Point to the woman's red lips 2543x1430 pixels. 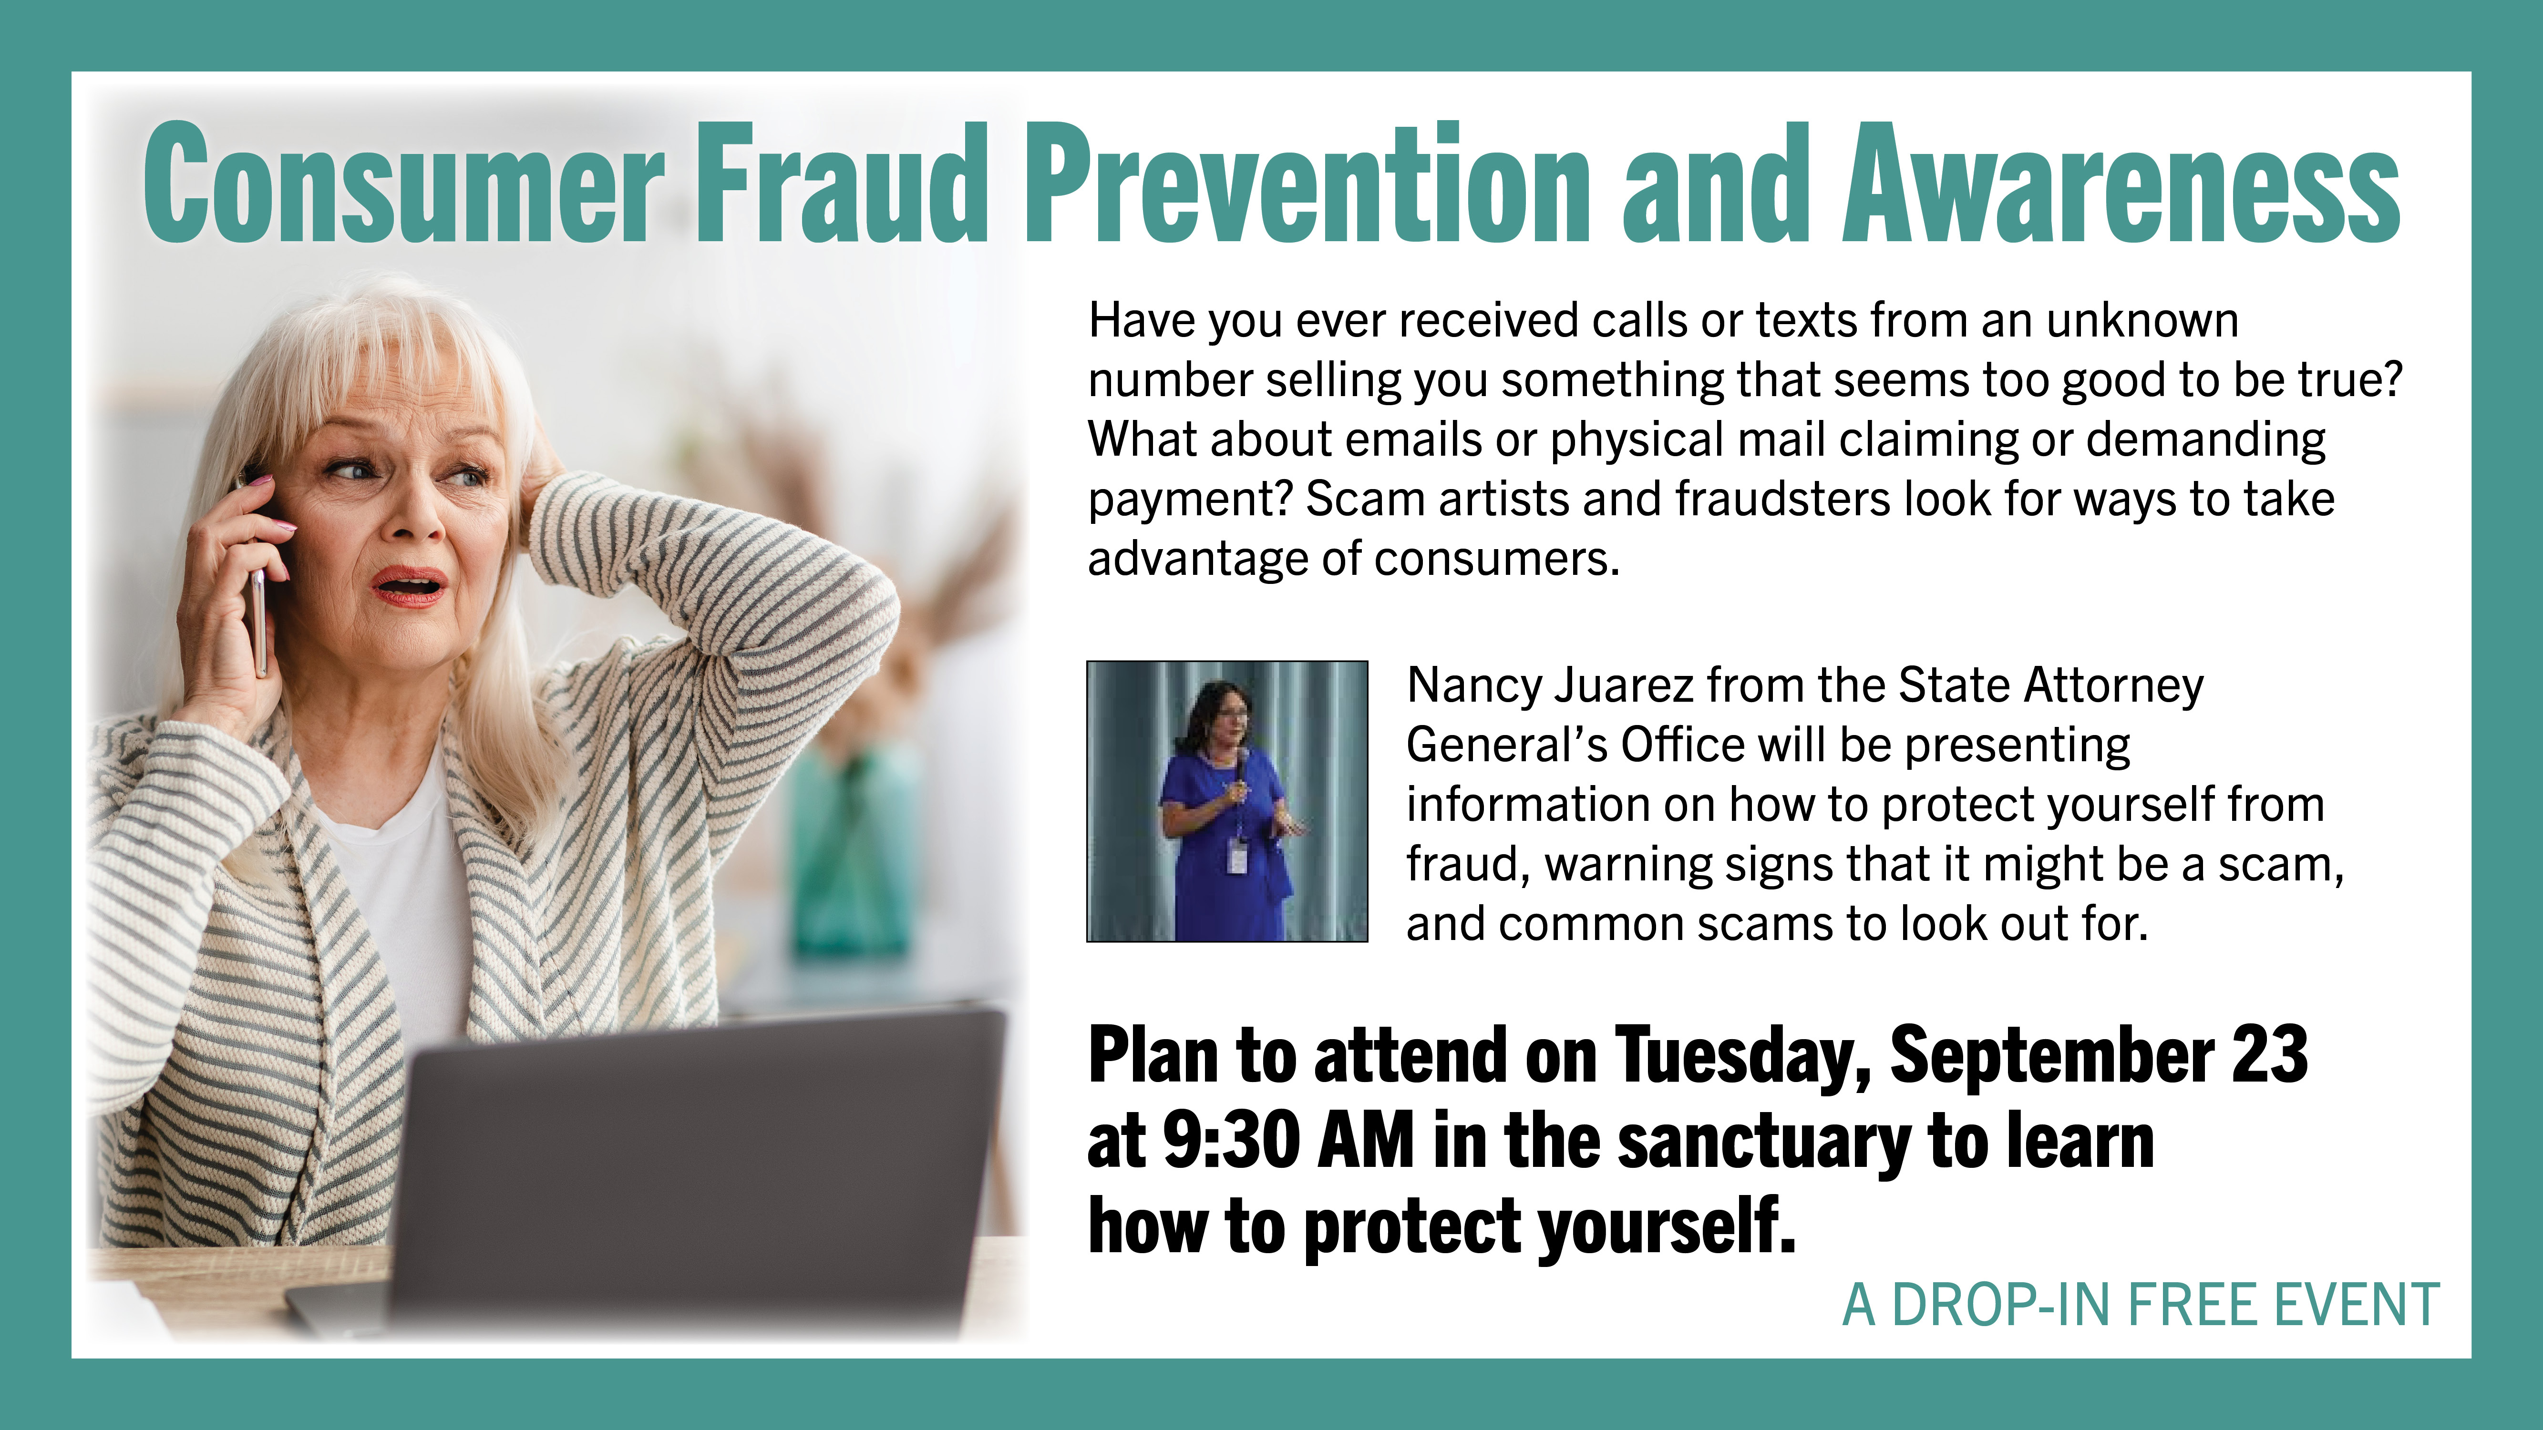click(409, 586)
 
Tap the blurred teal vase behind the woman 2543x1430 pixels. click(854, 849)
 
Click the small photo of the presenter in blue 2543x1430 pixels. click(1227, 801)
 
